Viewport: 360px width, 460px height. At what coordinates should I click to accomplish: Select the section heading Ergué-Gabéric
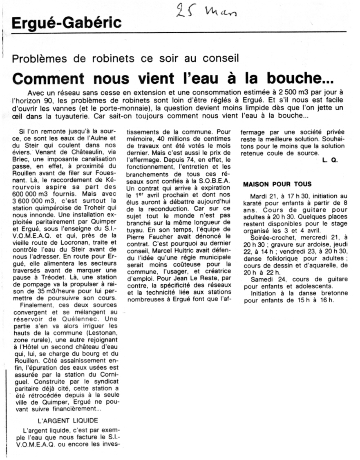[x=67, y=23]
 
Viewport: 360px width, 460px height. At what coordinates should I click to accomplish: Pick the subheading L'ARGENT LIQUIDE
[x=67, y=420]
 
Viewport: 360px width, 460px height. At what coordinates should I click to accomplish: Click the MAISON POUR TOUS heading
[x=277, y=184]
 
